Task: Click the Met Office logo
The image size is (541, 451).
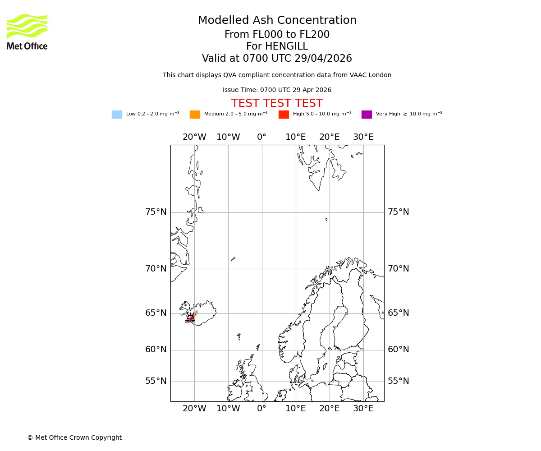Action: click(x=27, y=32)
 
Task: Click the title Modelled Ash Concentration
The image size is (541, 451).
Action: click(x=277, y=21)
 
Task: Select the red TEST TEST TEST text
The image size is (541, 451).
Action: click(x=277, y=103)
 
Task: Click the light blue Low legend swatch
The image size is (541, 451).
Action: click(x=117, y=115)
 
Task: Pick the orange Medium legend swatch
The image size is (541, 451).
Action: click(x=195, y=115)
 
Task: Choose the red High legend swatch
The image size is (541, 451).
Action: click(x=284, y=115)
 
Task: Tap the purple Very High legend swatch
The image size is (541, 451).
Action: click(x=367, y=115)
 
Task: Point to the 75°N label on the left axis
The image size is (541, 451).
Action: click(x=156, y=212)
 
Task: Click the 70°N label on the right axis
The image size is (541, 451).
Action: click(x=399, y=269)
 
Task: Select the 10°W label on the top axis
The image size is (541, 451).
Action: click(x=228, y=137)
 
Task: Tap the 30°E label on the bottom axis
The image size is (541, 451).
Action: click(x=363, y=409)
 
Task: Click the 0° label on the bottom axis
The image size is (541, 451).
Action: click(x=261, y=409)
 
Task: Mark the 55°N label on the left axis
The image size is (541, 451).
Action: click(x=156, y=381)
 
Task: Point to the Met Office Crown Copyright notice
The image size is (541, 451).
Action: click(x=74, y=437)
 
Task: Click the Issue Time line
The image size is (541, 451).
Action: click(x=277, y=90)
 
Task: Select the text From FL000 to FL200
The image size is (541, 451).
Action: click(x=277, y=35)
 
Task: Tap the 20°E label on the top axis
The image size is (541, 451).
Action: click(x=329, y=137)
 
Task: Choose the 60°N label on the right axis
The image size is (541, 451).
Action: click(x=399, y=350)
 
